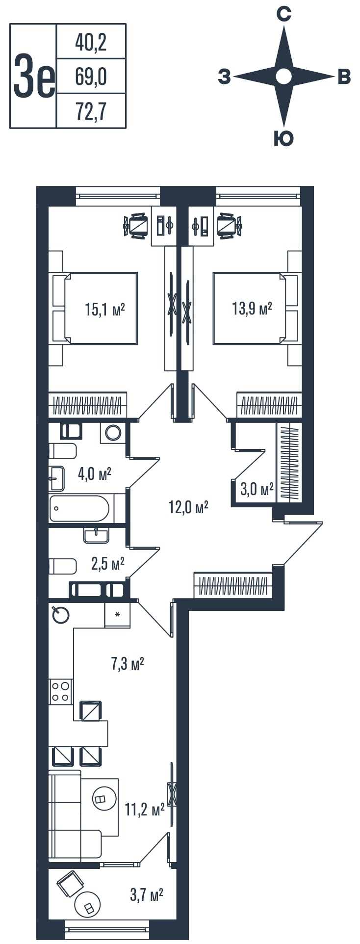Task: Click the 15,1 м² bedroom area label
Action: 105,310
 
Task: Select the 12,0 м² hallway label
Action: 189,507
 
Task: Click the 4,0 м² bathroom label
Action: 95,474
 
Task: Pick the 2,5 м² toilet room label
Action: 108,564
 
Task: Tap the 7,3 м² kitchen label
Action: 127,664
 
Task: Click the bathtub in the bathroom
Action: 79,508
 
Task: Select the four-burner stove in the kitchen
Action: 61,692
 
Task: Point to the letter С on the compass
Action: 283,15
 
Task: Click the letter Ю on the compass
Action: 283,140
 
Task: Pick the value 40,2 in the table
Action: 91,43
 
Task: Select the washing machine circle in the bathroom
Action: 113,432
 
